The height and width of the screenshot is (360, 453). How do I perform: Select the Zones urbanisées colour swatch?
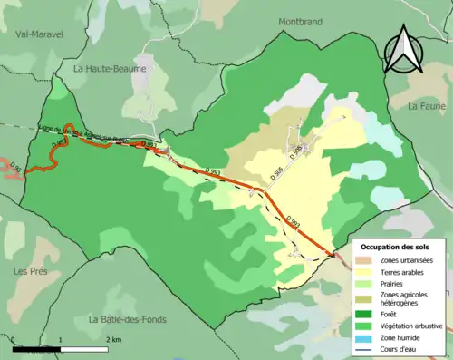point(367,260)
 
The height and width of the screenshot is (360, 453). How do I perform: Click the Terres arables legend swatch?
point(367,271)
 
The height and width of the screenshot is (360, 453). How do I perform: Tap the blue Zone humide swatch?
point(367,336)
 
